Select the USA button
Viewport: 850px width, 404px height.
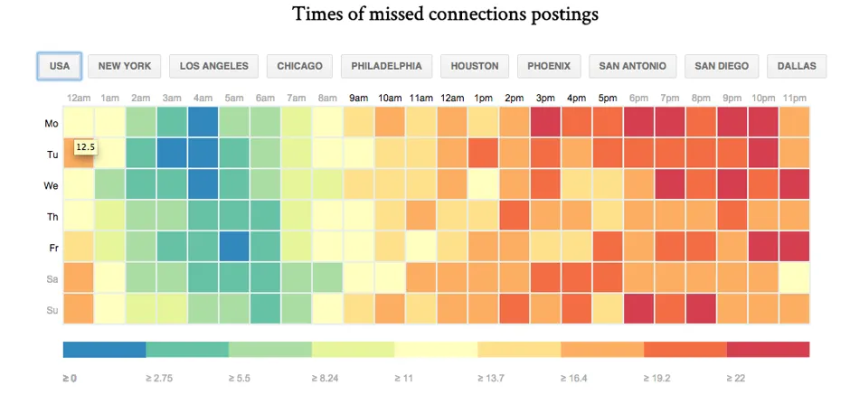click(x=60, y=66)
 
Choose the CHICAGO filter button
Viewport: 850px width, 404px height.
click(x=300, y=66)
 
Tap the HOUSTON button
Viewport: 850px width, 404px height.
click(x=475, y=66)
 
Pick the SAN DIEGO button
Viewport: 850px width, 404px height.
click(x=721, y=66)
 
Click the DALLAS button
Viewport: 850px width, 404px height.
click(x=796, y=66)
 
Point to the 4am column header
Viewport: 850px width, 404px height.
click(x=203, y=98)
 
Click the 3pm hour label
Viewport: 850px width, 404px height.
click(x=545, y=98)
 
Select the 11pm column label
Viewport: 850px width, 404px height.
click(x=794, y=98)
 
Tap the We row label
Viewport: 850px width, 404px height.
click(x=52, y=185)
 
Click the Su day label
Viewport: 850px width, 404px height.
click(x=52, y=309)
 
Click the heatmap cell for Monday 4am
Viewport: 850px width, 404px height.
click(x=203, y=122)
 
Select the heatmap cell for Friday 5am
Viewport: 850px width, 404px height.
click(x=234, y=246)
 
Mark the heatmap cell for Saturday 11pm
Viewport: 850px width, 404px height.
click(x=794, y=277)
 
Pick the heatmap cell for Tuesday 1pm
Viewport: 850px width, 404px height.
click(x=483, y=154)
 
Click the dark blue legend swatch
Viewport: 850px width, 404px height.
click(x=104, y=349)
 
